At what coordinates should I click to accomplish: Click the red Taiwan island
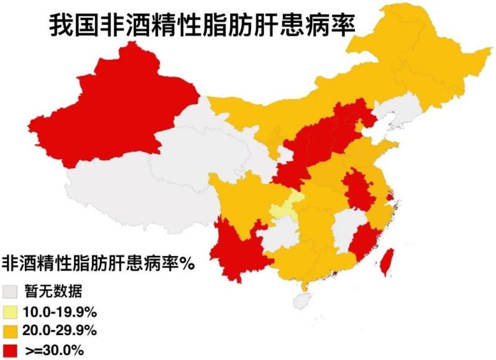(x=387, y=261)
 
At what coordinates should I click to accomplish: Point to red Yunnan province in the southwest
(x=239, y=249)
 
